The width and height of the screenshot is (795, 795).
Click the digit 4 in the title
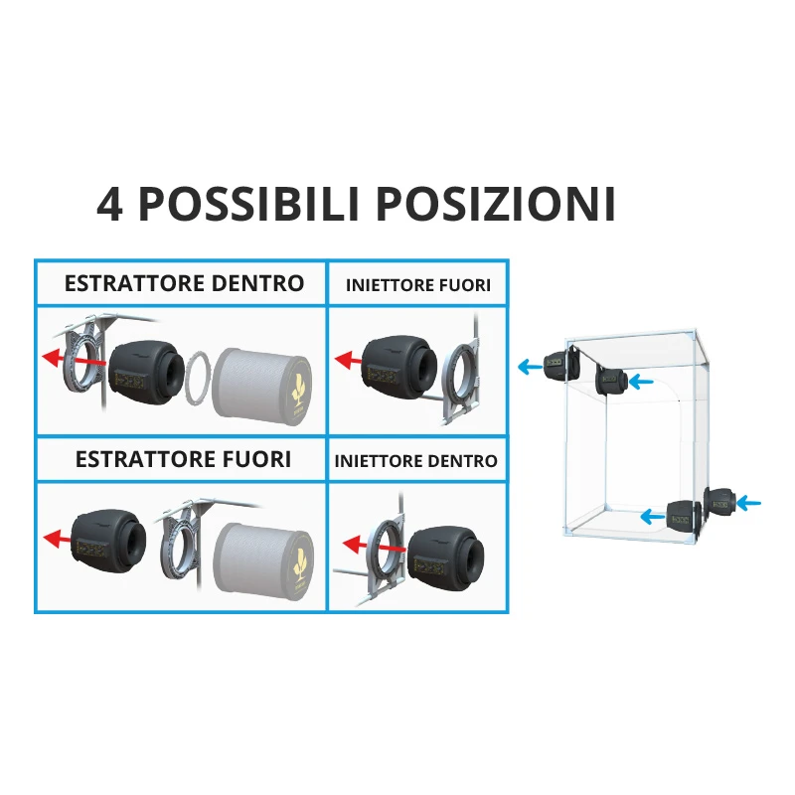109,205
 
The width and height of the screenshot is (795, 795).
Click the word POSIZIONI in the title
495,205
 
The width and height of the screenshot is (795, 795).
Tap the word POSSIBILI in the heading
249,205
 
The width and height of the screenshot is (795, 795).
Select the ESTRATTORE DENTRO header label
184,283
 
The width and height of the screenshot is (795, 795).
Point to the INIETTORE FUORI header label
417,285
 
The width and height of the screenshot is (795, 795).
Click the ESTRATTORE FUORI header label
183,459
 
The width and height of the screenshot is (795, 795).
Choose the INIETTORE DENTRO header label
415,461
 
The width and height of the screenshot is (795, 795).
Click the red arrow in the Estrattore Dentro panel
74,359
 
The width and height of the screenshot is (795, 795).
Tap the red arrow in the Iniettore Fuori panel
349,361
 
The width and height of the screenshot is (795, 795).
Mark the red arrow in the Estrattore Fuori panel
58,538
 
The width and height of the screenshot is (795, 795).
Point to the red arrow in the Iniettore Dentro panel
374,546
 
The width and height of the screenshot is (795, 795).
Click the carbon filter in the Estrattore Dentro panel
261,386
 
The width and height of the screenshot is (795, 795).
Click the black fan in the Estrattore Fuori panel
108,542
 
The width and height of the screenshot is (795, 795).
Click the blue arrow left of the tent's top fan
531,366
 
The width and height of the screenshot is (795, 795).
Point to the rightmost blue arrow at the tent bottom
748,503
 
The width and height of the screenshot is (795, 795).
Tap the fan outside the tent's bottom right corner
719,503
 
